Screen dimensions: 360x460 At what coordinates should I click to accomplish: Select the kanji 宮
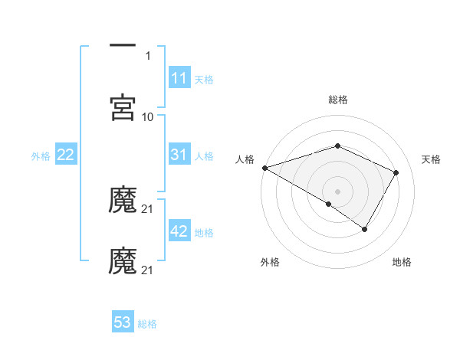123,108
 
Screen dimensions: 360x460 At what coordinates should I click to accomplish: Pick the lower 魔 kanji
123,261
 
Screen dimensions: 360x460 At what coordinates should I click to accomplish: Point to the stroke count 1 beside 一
148,55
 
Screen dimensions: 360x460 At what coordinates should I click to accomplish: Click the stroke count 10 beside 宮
148,116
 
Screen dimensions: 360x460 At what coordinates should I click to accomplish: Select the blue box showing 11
179,78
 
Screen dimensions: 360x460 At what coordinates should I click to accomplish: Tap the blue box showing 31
179,155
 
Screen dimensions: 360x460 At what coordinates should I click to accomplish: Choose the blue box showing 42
179,231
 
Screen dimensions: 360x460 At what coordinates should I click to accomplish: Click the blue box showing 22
66,155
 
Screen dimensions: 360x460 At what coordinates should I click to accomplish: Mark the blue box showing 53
123,322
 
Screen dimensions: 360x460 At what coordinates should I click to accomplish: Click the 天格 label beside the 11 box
204,79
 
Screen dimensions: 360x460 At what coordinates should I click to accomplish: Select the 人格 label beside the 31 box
204,155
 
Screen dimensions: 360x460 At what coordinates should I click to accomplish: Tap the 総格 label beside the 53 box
147,323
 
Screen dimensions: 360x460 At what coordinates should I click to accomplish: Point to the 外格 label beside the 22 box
41,155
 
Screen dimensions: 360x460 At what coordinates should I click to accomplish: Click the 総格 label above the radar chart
337,100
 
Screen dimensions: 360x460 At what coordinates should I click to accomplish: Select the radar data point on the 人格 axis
264,167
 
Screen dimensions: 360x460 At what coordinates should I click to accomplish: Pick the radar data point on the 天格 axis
396,172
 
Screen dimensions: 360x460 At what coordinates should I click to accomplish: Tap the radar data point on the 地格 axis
365,229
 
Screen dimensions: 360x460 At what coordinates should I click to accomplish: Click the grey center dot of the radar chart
337,191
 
